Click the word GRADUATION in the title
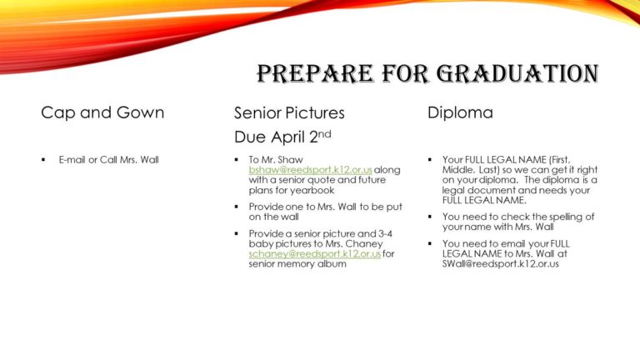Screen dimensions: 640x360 pos(517,74)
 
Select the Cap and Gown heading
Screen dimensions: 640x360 pos(102,112)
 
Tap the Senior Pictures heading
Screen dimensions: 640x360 pos(289,113)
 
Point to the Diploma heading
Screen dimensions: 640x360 pos(460,112)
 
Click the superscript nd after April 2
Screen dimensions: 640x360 pos(324,133)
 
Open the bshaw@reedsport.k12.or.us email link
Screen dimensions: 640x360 pos(311,170)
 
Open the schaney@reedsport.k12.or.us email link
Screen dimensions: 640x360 pos(315,253)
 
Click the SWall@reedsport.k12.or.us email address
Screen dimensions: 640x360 pos(500,263)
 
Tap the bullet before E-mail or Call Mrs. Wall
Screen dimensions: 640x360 pos(43,160)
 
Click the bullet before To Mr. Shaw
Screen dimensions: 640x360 pos(237,160)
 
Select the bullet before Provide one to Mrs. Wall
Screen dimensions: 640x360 pos(237,207)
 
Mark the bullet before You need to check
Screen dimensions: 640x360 pos(430,217)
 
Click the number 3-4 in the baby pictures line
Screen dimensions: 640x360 pos(385,233)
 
